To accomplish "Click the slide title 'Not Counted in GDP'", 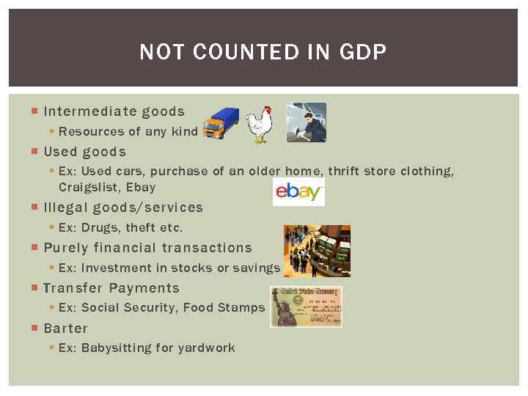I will (x=263, y=52).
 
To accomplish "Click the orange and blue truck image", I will (x=221, y=122).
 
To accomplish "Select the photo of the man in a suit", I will (x=306, y=122).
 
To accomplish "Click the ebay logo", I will (x=298, y=192).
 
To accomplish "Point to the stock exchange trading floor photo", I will (x=317, y=251).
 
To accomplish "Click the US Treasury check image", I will (x=306, y=306).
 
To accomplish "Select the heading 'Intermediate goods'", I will (x=114, y=111).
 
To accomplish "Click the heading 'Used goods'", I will (x=84, y=152).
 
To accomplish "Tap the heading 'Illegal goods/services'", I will (x=122, y=208).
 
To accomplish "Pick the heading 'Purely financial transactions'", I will (x=147, y=248).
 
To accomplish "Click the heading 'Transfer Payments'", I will (x=111, y=288).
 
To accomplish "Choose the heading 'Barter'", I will (x=65, y=329).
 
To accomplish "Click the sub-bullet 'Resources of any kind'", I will (x=128, y=131).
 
